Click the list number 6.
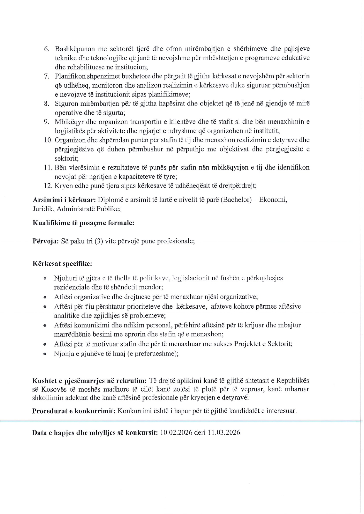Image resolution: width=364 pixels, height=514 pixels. (46, 49)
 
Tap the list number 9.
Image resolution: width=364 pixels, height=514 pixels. (46, 122)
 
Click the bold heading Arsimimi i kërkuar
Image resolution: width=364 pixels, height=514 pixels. (64, 200)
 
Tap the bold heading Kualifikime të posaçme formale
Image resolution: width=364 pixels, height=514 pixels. (83, 223)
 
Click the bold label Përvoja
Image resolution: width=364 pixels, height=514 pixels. (46, 241)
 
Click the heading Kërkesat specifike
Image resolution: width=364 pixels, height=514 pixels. (62, 264)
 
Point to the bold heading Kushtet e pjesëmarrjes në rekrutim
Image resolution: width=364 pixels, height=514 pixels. (89, 381)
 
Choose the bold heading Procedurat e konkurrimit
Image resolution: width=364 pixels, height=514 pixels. (74, 411)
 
